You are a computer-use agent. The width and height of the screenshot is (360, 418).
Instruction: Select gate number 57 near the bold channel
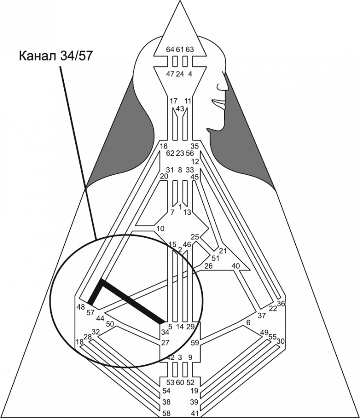(x=91, y=313)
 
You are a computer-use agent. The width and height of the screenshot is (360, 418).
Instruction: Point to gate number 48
(x=81, y=307)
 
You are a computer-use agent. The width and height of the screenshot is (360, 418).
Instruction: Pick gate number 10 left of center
(x=159, y=228)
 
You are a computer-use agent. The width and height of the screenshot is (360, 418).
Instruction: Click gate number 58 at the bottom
(x=167, y=413)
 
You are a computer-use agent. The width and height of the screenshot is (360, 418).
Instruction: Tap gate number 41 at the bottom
(x=194, y=413)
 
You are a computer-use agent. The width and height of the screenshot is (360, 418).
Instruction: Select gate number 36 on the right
(x=281, y=304)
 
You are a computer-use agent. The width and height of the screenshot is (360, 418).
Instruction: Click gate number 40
(x=236, y=265)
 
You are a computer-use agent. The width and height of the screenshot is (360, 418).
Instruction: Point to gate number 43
(x=180, y=108)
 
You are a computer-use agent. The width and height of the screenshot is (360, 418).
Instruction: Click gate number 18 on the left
(x=80, y=342)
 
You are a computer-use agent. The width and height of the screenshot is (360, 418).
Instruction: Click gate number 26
(x=208, y=266)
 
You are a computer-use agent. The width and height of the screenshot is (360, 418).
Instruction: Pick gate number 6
(x=248, y=322)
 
